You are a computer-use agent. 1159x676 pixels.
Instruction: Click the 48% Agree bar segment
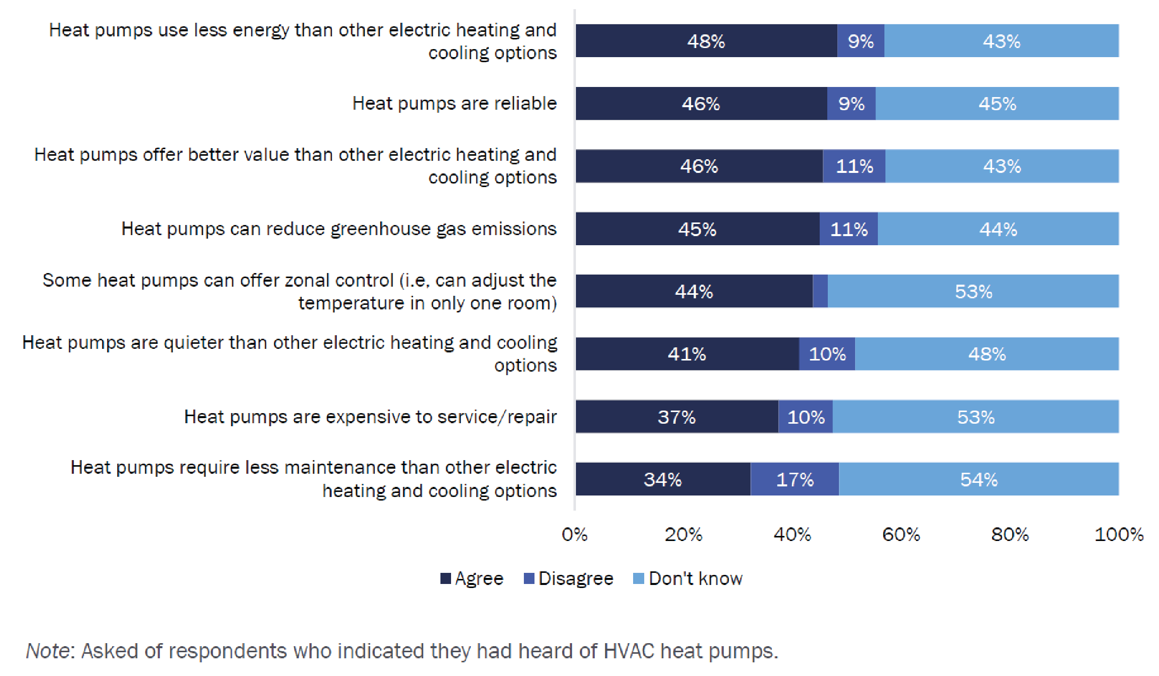tap(706, 41)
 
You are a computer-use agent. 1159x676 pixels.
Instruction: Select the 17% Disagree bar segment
tap(794, 479)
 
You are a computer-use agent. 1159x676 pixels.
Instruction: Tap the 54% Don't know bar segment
tap(978, 479)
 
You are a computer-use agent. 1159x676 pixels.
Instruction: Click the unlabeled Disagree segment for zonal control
tap(820, 291)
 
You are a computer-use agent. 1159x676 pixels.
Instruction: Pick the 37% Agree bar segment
tap(677, 417)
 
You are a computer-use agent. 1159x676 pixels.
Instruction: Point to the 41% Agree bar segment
tap(687, 354)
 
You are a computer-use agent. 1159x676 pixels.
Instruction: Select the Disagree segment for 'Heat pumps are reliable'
tap(851, 104)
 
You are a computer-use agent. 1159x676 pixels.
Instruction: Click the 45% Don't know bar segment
tap(997, 104)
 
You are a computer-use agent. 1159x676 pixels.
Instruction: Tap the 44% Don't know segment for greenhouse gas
tap(998, 229)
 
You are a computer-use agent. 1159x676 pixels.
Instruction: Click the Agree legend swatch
tap(445, 578)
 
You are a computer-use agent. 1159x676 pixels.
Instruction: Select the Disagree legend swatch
tap(529, 578)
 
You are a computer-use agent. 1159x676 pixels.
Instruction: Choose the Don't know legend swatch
tap(639, 578)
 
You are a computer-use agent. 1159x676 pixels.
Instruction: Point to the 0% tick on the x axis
tap(575, 534)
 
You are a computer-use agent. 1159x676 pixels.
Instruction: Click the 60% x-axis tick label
tap(901, 534)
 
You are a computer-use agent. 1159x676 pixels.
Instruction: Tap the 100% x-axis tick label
tap(1119, 534)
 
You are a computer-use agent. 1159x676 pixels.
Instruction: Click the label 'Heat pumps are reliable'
tap(454, 104)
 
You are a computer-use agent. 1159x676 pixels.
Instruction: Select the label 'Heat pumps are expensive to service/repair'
tap(370, 417)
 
